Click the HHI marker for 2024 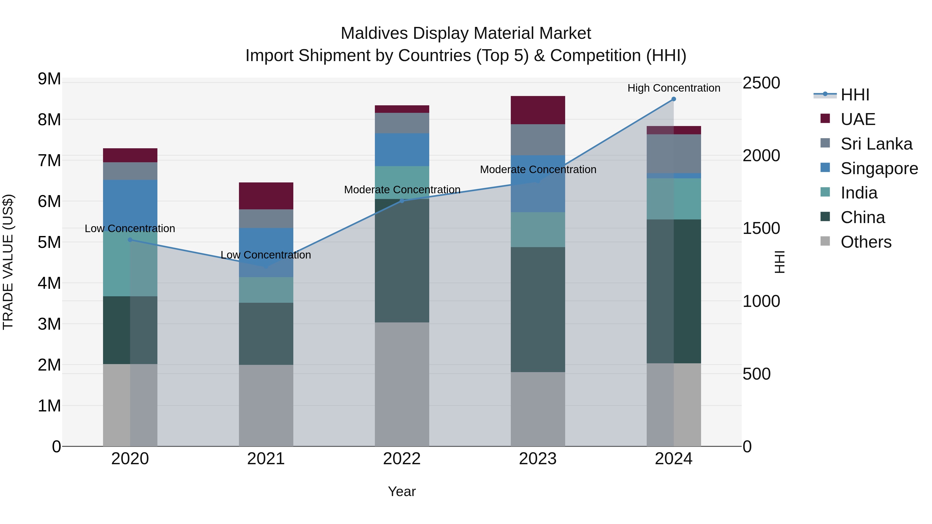[x=673, y=99]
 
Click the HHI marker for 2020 [x=130, y=240]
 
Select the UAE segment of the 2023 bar [x=538, y=110]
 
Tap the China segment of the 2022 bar [x=402, y=260]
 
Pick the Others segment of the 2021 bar [x=266, y=405]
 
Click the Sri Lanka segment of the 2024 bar [x=673, y=154]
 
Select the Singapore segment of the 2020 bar [x=130, y=203]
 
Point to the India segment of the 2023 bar [x=538, y=230]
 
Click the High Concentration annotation [x=673, y=88]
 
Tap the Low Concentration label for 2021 [x=266, y=255]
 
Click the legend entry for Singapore [x=879, y=168]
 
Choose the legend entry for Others [x=865, y=242]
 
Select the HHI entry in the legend [x=855, y=95]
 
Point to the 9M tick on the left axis [x=49, y=79]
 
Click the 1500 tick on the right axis [x=761, y=228]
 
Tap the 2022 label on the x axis [x=402, y=459]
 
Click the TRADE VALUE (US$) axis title [x=8, y=262]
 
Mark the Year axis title [x=402, y=491]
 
